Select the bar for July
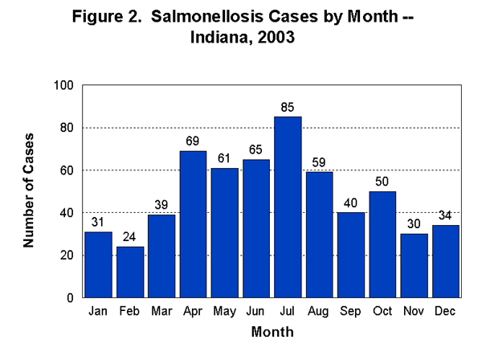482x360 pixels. [x=287, y=207]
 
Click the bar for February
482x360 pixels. [x=130, y=272]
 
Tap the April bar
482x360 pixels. [x=193, y=224]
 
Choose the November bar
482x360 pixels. [x=413, y=266]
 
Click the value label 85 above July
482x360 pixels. [x=287, y=107]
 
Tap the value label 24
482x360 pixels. [x=130, y=237]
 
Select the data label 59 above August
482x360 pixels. [x=318, y=162]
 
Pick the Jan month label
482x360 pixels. [x=99, y=311]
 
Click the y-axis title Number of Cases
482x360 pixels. [x=29, y=191]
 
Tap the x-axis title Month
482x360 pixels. [x=272, y=331]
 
